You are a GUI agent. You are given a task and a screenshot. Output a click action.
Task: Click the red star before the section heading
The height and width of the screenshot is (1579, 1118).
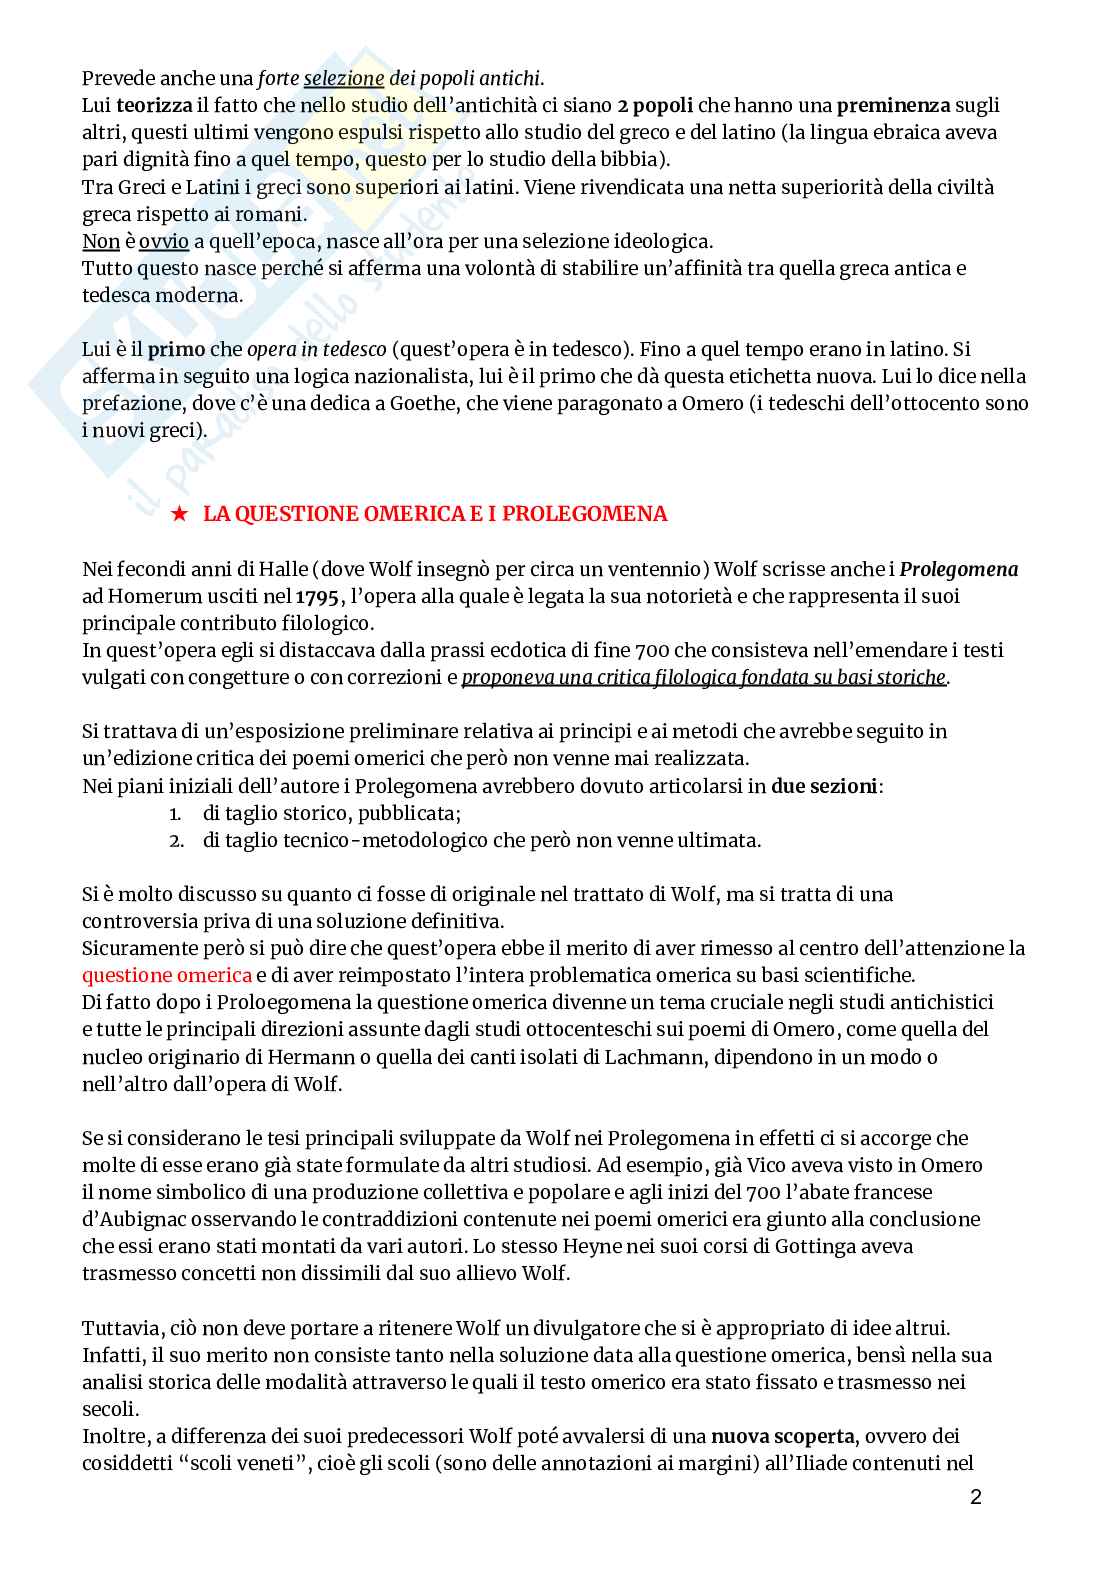coord(178,514)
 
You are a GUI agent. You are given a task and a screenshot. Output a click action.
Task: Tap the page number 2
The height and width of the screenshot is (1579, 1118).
coord(975,1497)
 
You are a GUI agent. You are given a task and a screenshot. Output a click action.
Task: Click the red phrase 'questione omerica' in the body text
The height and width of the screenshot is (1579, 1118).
coord(166,975)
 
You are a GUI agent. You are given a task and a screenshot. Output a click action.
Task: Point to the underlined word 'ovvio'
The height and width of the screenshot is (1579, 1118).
coord(163,241)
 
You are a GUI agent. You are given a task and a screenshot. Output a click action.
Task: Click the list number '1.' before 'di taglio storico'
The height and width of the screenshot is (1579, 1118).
coord(175,813)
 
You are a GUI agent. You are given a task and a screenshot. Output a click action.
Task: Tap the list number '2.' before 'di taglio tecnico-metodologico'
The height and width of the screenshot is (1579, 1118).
coord(175,840)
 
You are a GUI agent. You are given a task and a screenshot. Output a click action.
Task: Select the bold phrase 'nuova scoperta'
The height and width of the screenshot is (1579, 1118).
coord(783,1437)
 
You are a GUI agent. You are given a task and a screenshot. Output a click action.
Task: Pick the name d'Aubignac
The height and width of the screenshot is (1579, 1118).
coord(131,1219)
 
